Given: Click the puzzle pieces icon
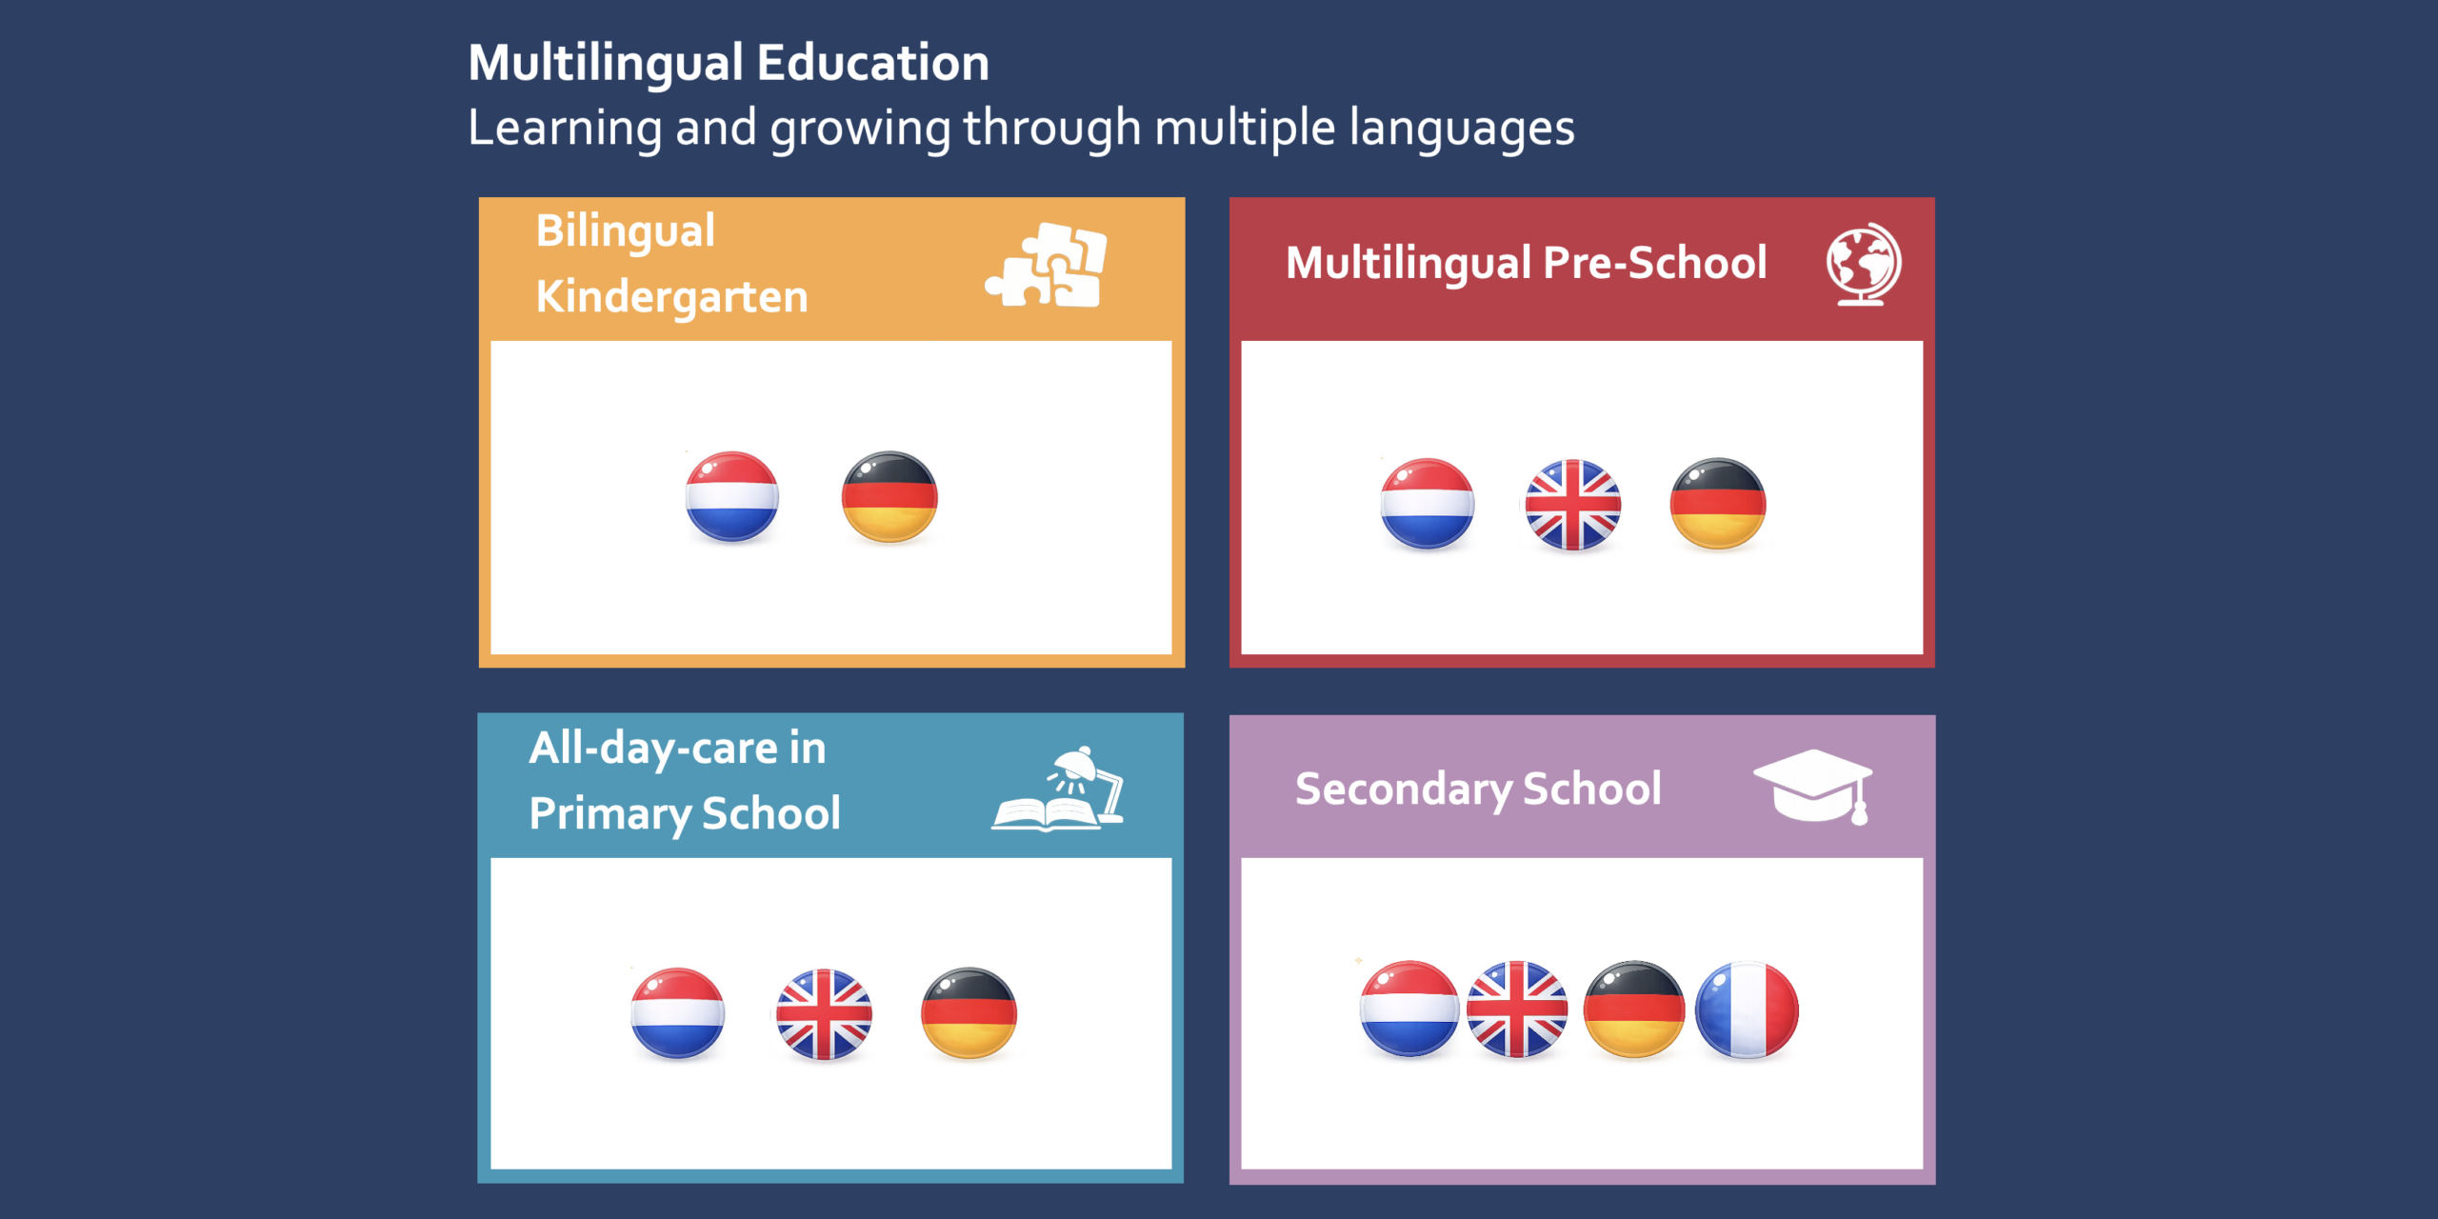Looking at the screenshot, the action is point(1047,265).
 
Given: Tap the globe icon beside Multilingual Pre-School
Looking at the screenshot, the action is point(1864,264).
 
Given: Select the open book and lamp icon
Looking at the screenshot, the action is point(1058,789).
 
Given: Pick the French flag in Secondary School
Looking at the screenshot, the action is point(1748,1009).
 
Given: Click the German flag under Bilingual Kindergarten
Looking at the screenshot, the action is point(889,496).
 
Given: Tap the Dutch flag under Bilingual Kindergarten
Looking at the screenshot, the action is point(731,496).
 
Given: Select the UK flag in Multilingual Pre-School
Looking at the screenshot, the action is point(1572,505).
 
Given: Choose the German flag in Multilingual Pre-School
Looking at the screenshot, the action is point(1718,504).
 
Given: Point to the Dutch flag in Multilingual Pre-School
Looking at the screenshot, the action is point(1427,504).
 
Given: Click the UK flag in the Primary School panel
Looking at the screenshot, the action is point(824,1014).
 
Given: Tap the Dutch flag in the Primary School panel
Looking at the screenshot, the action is point(677,1013).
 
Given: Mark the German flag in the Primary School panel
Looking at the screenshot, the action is point(969,1013).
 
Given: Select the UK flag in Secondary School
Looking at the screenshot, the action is point(1517,1009).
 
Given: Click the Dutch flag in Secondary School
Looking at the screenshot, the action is point(1409,1009).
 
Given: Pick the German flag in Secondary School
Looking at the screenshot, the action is point(1634,1009).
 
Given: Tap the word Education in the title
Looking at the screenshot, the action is point(872,63).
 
